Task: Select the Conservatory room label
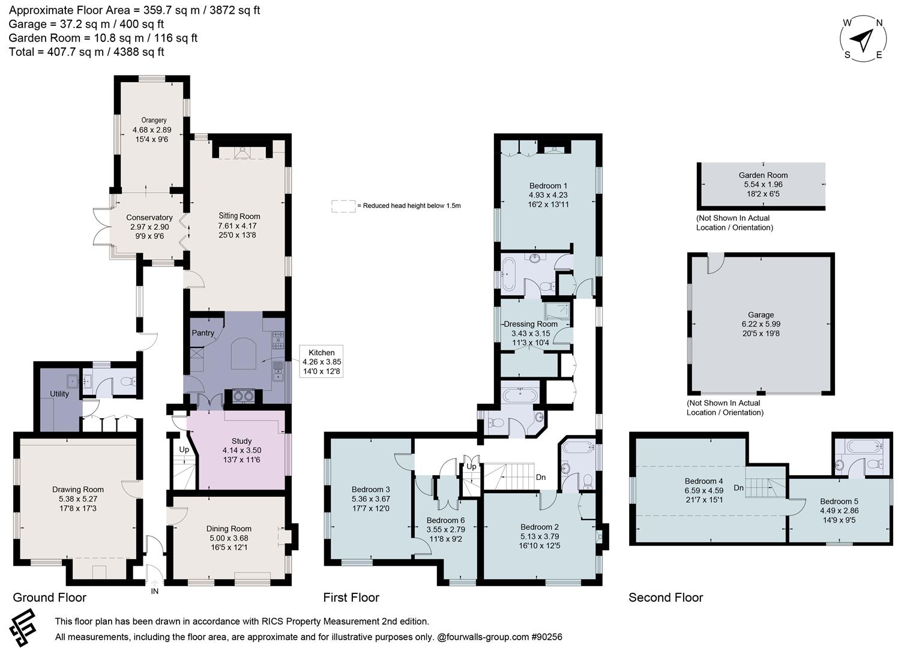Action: coord(149,218)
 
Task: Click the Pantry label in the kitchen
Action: coord(203,333)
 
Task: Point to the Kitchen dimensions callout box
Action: coord(322,362)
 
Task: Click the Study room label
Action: coord(241,441)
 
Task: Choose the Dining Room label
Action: coord(229,529)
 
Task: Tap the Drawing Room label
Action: coord(78,490)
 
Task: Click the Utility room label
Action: coord(59,394)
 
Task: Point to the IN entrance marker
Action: coord(154,591)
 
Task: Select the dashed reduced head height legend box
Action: coord(343,206)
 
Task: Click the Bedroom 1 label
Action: coord(548,186)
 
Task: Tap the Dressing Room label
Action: coord(531,324)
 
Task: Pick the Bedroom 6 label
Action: coord(445,520)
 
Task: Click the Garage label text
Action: coord(761,315)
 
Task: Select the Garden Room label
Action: coord(763,175)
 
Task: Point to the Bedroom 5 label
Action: coord(839,502)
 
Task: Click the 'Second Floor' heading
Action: coord(665,598)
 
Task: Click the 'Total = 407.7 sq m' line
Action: coord(86,52)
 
